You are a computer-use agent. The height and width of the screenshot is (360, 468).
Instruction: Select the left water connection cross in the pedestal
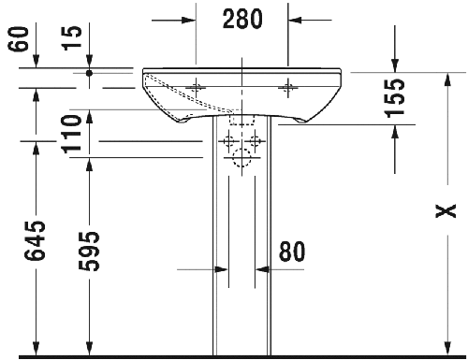click(228, 143)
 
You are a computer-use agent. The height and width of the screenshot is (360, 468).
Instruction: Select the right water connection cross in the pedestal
click(254, 143)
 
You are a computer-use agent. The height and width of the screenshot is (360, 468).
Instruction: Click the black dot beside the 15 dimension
click(89, 71)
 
